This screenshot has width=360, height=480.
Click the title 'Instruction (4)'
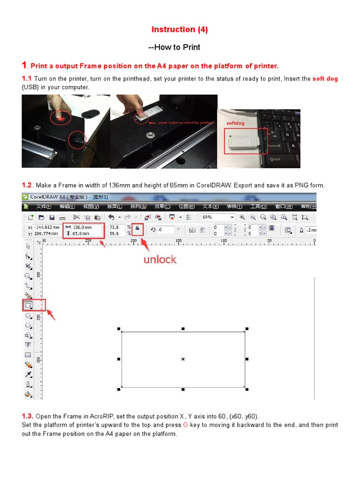[180, 30]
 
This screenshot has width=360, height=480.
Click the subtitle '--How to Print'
[174, 47]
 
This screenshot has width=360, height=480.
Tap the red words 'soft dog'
[325, 79]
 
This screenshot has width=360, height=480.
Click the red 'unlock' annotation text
[160, 260]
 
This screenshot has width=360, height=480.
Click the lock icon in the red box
[137, 229]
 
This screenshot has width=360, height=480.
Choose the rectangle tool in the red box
[28, 305]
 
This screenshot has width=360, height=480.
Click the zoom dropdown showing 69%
[218, 217]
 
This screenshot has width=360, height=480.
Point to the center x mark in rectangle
[183, 359]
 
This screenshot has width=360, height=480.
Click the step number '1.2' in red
[27, 185]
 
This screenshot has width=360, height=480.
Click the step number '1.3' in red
[27, 416]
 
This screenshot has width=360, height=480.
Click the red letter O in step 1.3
[185, 425]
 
